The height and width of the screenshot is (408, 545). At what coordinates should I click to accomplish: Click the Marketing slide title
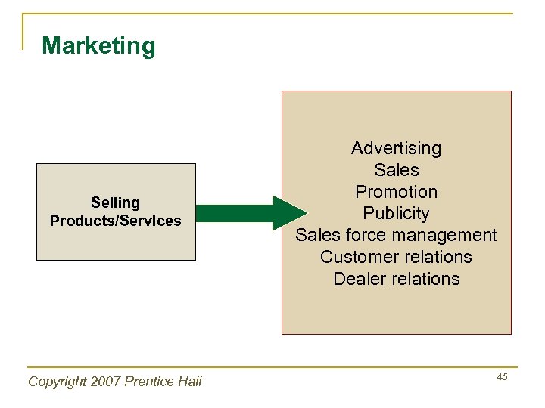tap(98, 46)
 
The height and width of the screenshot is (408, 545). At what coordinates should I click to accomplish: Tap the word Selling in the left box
tap(115, 202)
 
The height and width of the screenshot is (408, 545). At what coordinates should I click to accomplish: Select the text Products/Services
tap(115, 221)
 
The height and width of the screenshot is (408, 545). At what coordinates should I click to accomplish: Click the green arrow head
tap(288, 213)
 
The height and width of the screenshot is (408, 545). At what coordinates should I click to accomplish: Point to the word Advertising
tap(396, 148)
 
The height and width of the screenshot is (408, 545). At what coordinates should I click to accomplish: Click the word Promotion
tap(396, 192)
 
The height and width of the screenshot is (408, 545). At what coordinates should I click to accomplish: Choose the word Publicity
tap(396, 214)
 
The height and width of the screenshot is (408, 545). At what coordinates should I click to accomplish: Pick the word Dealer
tap(360, 279)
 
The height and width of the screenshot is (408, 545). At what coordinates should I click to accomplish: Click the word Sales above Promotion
tap(396, 170)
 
